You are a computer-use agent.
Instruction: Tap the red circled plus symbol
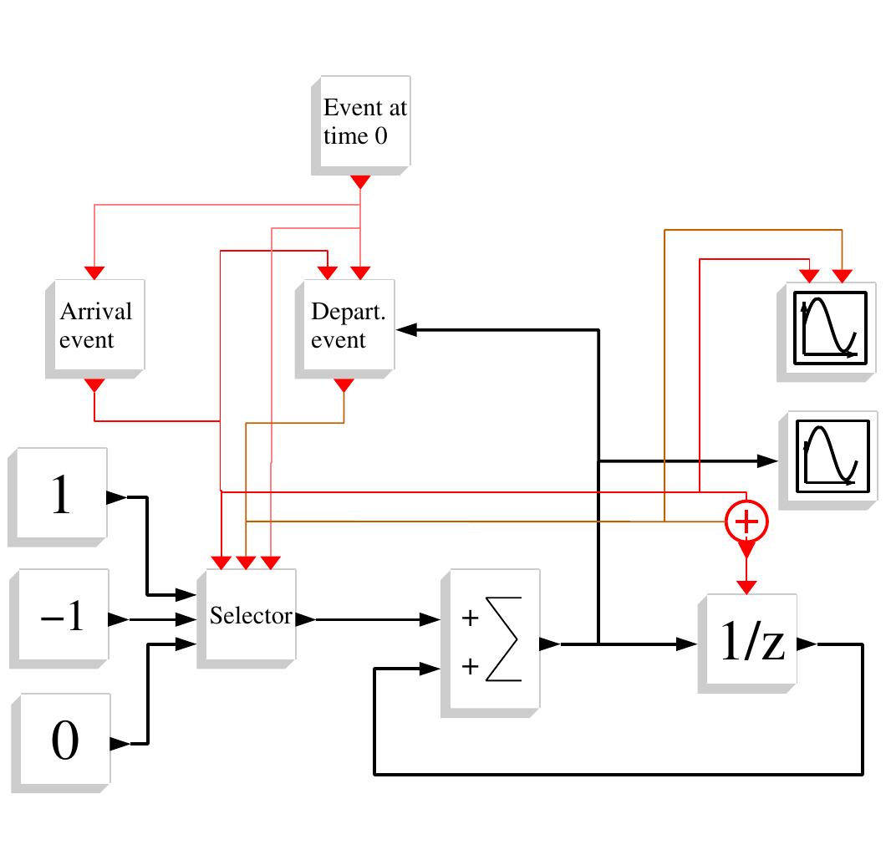(746, 522)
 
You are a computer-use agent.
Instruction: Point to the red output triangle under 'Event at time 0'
(360, 181)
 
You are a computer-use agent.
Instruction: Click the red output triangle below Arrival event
(94, 384)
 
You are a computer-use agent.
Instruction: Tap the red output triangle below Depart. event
(344, 384)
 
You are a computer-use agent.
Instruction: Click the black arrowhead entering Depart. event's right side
(407, 330)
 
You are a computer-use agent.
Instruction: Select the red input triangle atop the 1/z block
(746, 585)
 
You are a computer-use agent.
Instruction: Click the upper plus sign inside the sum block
(471, 618)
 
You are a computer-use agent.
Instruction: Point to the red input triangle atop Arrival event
(94, 272)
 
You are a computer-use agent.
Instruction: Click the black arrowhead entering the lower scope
(767, 460)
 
